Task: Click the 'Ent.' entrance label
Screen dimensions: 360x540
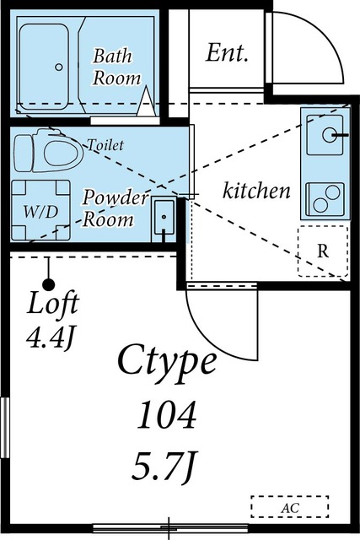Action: point(227,53)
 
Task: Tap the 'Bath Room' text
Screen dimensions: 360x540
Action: point(116,67)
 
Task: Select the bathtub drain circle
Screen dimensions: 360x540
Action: point(59,67)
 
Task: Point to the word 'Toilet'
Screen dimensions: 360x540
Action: point(105,145)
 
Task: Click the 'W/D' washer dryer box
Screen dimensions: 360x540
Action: point(40,210)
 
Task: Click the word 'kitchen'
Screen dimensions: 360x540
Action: point(256,191)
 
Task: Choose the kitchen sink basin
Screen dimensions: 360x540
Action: point(325,135)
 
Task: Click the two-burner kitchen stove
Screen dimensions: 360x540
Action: point(325,199)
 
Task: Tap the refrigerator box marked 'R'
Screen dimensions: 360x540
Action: point(323,251)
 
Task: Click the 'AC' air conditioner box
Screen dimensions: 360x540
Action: point(289,507)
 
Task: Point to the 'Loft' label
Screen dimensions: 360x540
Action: point(53,303)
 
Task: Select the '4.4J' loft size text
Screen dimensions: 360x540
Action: point(51,339)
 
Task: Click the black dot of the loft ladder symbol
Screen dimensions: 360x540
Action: point(49,285)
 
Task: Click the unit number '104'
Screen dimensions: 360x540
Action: point(167,414)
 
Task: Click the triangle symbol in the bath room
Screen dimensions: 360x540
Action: point(146,101)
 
